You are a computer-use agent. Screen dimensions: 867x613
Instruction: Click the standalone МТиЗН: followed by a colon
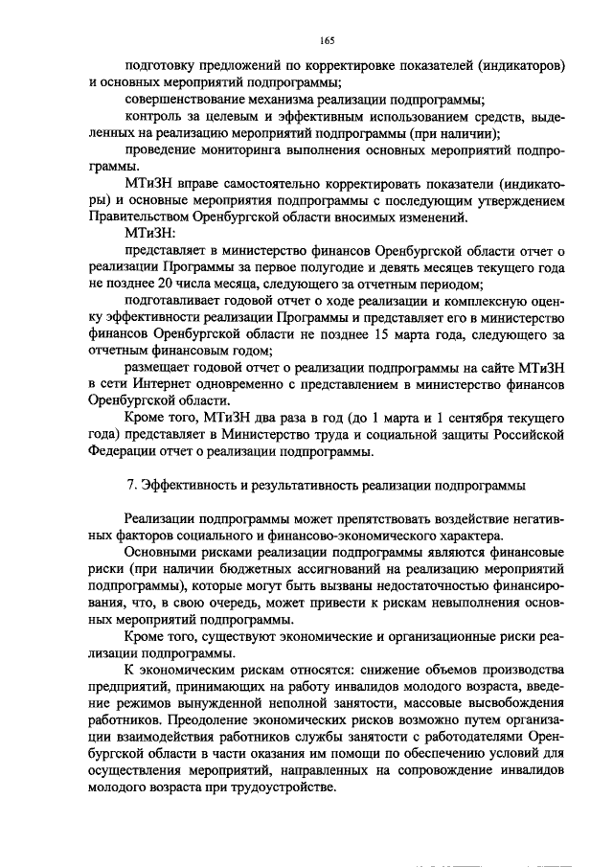click(x=150, y=233)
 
